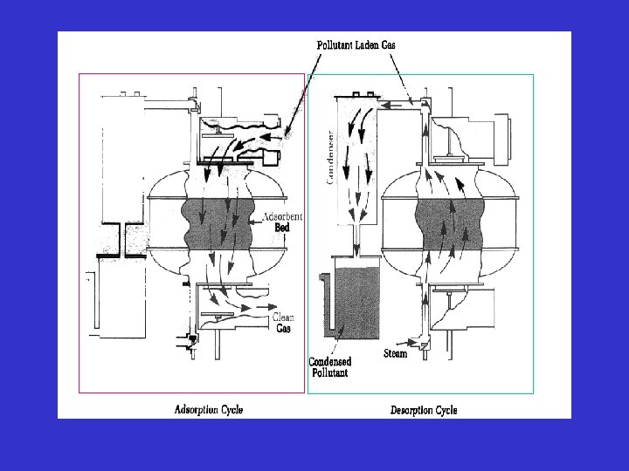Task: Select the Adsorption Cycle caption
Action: coord(209,409)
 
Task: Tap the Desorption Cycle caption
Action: coord(423,410)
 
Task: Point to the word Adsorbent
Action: coord(282,215)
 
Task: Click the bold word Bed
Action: coord(282,227)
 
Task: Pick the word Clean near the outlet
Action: coord(284,317)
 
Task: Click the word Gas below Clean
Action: coord(284,329)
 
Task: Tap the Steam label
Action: coord(395,354)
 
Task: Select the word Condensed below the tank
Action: coord(330,362)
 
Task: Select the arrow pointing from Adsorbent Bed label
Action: coord(257,224)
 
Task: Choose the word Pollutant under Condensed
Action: coord(330,373)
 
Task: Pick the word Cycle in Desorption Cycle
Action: coord(444,410)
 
